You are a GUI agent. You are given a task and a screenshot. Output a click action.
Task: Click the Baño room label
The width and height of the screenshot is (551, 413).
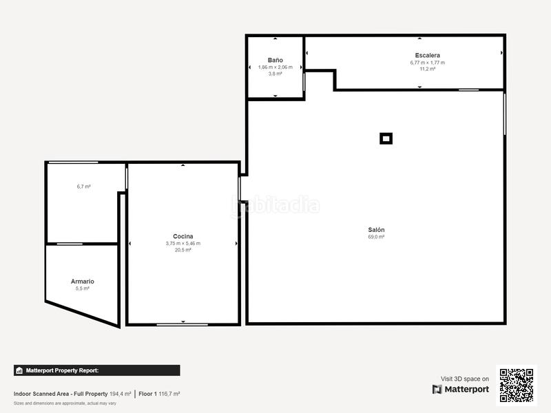pyautogui.click(x=275, y=60)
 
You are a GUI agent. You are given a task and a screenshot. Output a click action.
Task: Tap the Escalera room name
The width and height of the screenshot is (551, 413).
pyautogui.click(x=427, y=55)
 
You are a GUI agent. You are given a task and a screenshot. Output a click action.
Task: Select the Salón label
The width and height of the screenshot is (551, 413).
pyautogui.click(x=376, y=229)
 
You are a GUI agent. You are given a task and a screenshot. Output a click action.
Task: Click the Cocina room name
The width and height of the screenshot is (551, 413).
pyautogui.click(x=183, y=236)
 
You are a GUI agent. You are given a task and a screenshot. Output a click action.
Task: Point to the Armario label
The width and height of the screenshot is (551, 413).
pyautogui.click(x=83, y=282)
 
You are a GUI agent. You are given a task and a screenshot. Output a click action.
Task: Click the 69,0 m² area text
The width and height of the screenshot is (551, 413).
pyautogui.click(x=376, y=237)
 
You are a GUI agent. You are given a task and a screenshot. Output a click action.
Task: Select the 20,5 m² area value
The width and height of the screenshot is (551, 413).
pyautogui.click(x=183, y=250)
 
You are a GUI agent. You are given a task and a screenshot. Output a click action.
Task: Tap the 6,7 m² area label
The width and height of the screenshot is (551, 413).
pyautogui.click(x=84, y=187)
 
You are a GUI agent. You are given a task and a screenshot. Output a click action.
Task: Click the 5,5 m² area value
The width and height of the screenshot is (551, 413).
pyautogui.click(x=83, y=289)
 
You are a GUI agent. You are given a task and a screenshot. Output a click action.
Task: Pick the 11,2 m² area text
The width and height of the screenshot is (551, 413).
pyautogui.click(x=427, y=69)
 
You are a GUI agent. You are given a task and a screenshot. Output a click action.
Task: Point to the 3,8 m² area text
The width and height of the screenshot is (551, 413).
pyautogui.click(x=275, y=74)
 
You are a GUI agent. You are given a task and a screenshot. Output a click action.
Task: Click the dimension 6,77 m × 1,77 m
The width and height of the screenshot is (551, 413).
pyautogui.click(x=427, y=63)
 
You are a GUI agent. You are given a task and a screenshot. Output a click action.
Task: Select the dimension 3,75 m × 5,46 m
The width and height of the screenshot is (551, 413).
pyautogui.click(x=183, y=243)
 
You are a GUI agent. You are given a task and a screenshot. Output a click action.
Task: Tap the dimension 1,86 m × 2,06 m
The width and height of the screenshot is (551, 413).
pyautogui.click(x=275, y=67)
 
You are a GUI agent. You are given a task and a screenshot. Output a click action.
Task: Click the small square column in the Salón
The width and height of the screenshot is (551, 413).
pyautogui.click(x=386, y=138)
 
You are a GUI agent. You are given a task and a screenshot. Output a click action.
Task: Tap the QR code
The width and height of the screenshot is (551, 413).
pyautogui.click(x=516, y=385)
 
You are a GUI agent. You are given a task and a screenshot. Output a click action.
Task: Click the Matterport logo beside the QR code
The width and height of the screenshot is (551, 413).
pyautogui.click(x=461, y=389)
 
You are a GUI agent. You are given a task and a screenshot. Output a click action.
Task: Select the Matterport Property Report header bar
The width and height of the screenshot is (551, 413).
pyautogui.click(x=96, y=370)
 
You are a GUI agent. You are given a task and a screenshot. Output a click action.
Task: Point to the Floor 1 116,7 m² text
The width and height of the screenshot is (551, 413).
pyautogui.click(x=159, y=394)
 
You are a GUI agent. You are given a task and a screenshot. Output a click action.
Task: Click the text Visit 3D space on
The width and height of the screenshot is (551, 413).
pyautogui.click(x=465, y=379)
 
